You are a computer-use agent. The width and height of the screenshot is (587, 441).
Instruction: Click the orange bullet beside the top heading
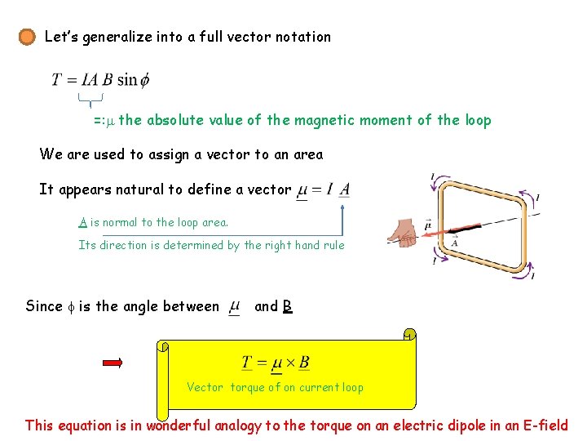click(x=28, y=38)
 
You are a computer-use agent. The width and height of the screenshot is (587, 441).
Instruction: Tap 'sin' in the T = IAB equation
click(x=128, y=80)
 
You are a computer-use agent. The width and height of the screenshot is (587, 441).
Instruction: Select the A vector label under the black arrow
click(x=453, y=242)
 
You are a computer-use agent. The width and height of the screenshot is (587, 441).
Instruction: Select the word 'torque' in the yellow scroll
click(x=247, y=388)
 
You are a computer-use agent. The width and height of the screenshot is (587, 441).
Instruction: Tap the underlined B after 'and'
click(x=287, y=307)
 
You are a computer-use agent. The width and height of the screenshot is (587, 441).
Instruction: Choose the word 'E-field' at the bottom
click(x=543, y=425)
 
